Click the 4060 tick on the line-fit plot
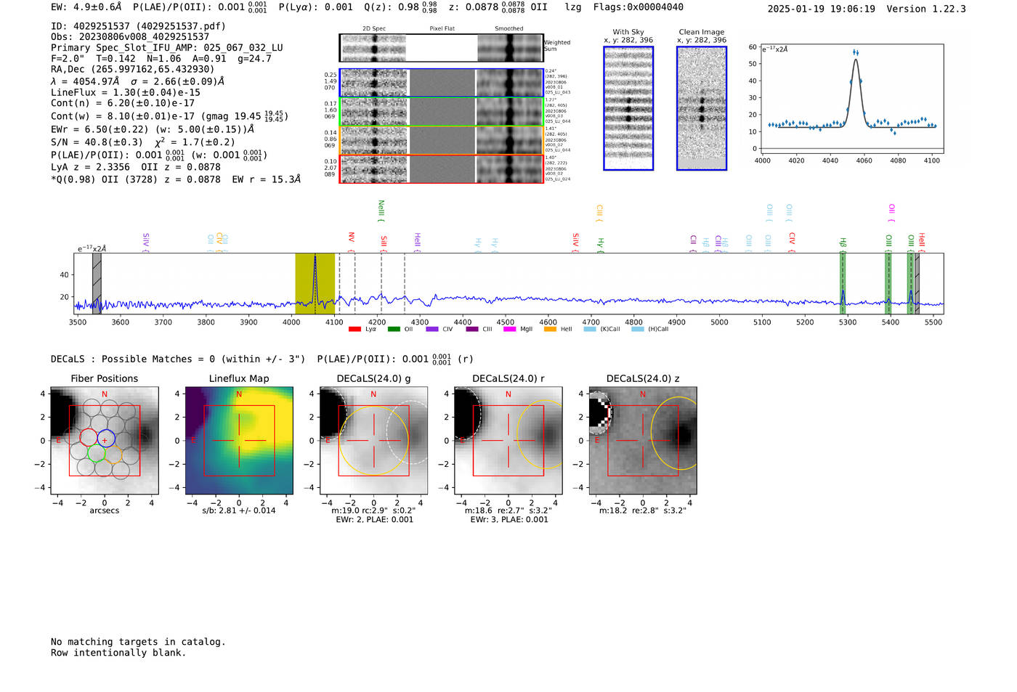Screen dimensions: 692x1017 pyautogui.click(x=864, y=160)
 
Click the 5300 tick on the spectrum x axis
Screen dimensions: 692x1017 pyautogui.click(x=848, y=322)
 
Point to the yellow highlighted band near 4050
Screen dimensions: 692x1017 pyautogui.click(x=315, y=283)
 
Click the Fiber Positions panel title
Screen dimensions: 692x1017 pyautogui.click(x=104, y=378)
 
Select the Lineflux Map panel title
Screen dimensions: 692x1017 pyautogui.click(x=238, y=378)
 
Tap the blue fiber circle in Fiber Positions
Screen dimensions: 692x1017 pyautogui.click(x=106, y=439)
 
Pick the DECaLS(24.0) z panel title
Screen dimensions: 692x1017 pyautogui.click(x=642, y=378)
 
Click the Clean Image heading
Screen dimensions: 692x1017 pyautogui.click(x=701, y=32)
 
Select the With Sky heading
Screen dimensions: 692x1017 pyautogui.click(x=628, y=32)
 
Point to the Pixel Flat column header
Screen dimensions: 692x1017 pyautogui.click(x=442, y=29)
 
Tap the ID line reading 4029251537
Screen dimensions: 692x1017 pyautogui.click(x=138, y=26)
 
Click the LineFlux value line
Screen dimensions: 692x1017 pyautogui.click(x=125, y=92)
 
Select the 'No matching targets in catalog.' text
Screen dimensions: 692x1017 pyautogui.click(x=138, y=642)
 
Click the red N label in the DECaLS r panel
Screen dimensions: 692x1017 pyautogui.click(x=508, y=394)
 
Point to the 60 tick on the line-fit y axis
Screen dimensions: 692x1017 pyautogui.click(x=753, y=47)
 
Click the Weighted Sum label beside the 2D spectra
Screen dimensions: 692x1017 pyautogui.click(x=556, y=46)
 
